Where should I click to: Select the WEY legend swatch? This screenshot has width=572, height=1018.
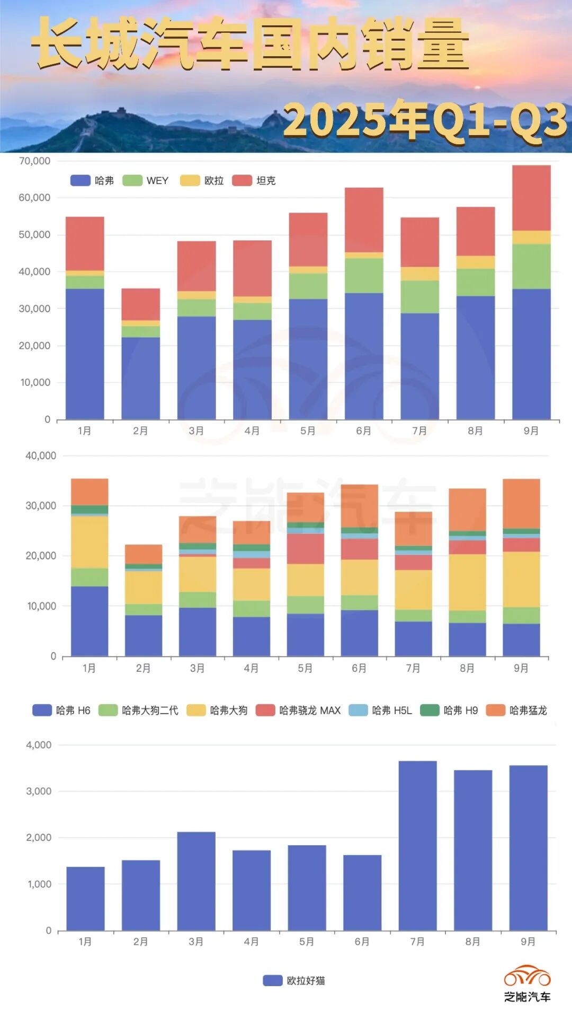coord(132,181)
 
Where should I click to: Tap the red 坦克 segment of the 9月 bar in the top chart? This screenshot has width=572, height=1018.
coord(531,198)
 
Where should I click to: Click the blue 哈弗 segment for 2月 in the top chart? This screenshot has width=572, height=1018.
coord(140,378)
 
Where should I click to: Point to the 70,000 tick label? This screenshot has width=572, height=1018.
coord(35,161)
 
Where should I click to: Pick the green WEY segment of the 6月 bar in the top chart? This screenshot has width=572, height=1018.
coord(364,275)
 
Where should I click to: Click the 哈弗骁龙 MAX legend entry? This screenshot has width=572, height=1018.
coord(298,710)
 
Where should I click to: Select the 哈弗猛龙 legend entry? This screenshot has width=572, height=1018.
coord(516,710)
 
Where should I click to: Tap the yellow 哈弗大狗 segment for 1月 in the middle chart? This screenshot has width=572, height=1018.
coord(90,542)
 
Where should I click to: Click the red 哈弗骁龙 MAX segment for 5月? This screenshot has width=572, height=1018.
coord(306,549)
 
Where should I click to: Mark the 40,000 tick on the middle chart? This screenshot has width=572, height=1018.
coord(41,456)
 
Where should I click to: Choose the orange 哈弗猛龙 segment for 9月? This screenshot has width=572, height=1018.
coord(521,503)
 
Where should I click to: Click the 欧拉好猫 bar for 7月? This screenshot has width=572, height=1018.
coord(417,845)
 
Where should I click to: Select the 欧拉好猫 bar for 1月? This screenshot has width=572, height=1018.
coord(85,898)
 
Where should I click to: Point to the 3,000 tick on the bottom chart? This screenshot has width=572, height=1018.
coord(39,791)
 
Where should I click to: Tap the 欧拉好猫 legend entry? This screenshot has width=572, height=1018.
coord(294,981)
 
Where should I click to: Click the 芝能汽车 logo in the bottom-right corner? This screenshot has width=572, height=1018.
coord(527,984)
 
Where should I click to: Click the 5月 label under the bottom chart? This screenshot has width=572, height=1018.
coord(307,942)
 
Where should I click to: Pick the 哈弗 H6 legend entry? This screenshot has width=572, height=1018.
coord(61,710)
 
